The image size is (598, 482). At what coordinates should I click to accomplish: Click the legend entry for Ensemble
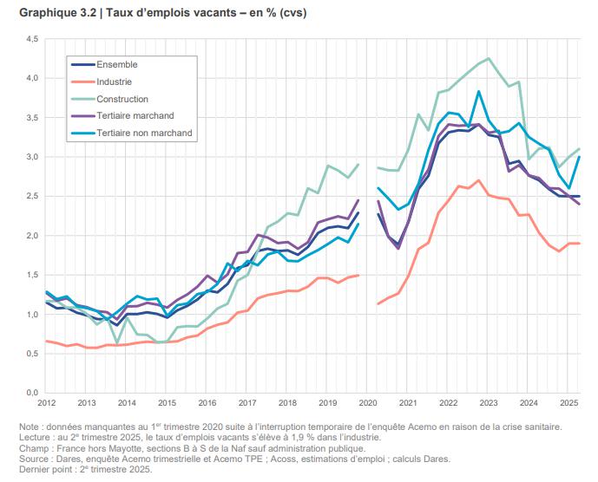[x=116, y=65]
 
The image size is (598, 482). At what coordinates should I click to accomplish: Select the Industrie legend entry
[x=115, y=82]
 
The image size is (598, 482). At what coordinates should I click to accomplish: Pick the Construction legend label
[x=122, y=100]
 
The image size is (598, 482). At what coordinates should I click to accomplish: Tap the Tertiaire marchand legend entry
[x=135, y=116]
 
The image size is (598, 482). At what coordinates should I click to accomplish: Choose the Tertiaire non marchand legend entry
[x=144, y=134]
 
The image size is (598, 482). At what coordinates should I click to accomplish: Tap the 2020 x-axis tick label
[x=368, y=404]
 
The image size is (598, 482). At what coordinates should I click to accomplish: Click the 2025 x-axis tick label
[x=569, y=404]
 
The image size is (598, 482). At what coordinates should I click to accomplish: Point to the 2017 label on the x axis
[x=246, y=404]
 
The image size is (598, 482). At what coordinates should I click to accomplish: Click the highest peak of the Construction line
[x=489, y=59]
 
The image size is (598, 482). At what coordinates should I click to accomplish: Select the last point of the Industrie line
[x=579, y=244]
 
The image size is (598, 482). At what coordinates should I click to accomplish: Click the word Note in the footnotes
[x=30, y=427]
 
